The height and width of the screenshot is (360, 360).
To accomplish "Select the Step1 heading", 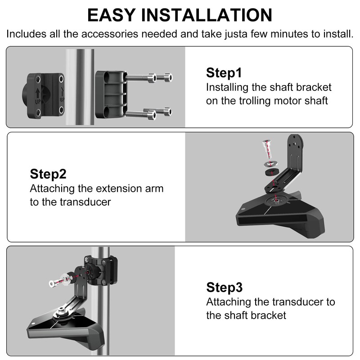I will (x=224, y=73).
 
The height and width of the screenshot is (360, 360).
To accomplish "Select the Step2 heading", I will (x=48, y=174).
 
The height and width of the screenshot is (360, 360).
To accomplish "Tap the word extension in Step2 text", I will (x=119, y=188).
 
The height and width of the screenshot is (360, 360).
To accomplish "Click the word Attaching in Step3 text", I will (x=228, y=301).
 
